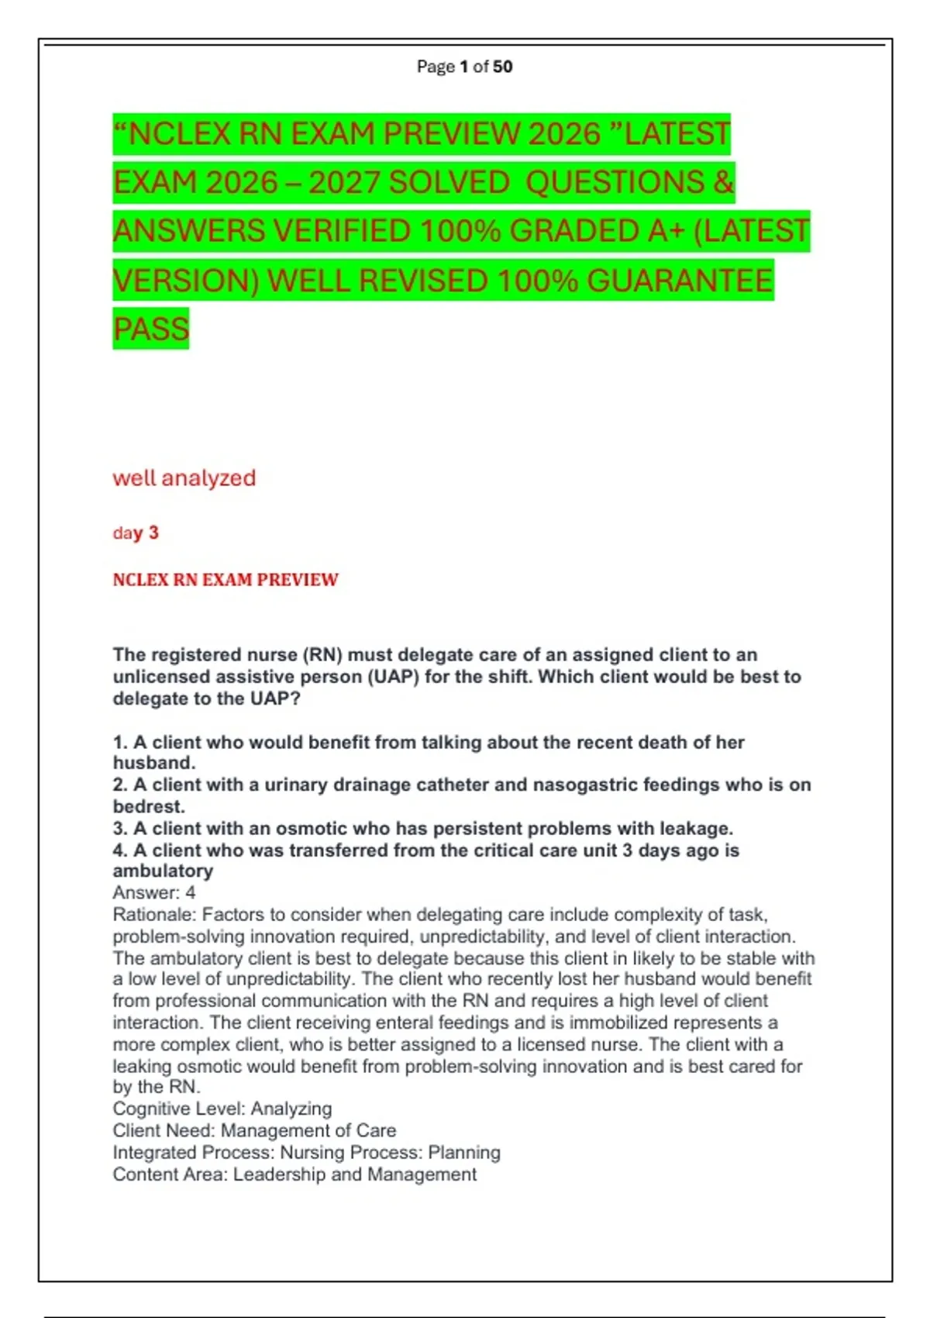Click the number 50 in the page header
pyautogui.click(x=502, y=67)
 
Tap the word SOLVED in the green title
pyautogui.click(x=449, y=183)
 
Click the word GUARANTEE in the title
pyautogui.click(x=680, y=281)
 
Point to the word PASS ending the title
pyautogui.click(x=151, y=329)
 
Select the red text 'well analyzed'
pyautogui.click(x=184, y=478)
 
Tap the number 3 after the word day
pyautogui.click(x=153, y=533)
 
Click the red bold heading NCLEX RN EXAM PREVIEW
pyautogui.click(x=226, y=580)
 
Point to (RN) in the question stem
pyautogui.click(x=322, y=655)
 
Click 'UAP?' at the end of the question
pyautogui.click(x=274, y=699)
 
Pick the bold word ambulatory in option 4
pyautogui.click(x=163, y=871)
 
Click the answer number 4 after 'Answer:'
pyautogui.click(x=191, y=893)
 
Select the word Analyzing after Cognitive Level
pyautogui.click(x=291, y=1109)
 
